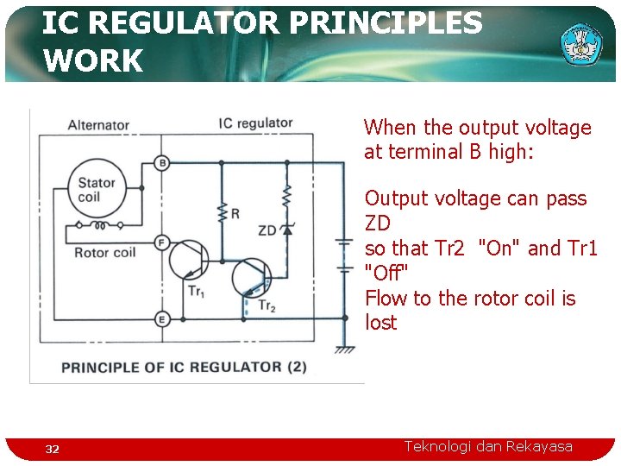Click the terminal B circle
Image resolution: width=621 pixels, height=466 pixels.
click(x=162, y=163)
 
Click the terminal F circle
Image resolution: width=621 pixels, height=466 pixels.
click(x=162, y=243)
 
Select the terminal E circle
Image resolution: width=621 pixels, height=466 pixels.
click(x=162, y=320)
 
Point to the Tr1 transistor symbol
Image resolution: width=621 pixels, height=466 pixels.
click(x=188, y=260)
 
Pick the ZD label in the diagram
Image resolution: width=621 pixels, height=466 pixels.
click(x=267, y=230)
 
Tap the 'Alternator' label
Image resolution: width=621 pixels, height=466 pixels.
click(x=98, y=125)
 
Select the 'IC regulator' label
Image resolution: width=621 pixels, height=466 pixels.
click(x=255, y=123)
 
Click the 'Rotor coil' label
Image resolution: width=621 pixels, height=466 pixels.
click(x=104, y=253)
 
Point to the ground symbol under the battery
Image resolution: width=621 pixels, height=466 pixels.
click(x=345, y=349)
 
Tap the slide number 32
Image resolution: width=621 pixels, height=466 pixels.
click(x=53, y=449)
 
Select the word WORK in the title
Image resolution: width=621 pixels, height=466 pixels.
click(x=92, y=61)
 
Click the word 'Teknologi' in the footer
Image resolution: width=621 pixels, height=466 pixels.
click(x=438, y=446)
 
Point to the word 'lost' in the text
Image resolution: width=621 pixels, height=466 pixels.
click(x=380, y=323)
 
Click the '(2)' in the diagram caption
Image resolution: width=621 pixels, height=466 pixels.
click(x=296, y=367)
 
